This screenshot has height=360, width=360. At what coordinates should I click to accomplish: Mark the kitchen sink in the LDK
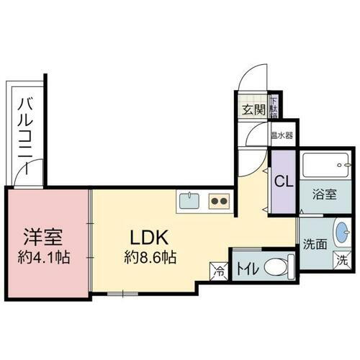click(190, 199)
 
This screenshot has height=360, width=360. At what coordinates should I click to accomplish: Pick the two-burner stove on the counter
click(219, 200)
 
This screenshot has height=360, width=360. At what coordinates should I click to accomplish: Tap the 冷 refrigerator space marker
click(218, 271)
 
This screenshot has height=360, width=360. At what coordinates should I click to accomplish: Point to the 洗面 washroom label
click(314, 244)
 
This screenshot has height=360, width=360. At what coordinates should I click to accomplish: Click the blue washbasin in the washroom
click(342, 233)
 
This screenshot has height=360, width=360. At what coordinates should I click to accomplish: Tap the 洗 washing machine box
click(344, 261)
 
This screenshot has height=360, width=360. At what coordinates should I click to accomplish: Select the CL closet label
click(282, 181)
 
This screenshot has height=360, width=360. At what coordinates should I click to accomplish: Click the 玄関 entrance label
click(253, 110)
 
